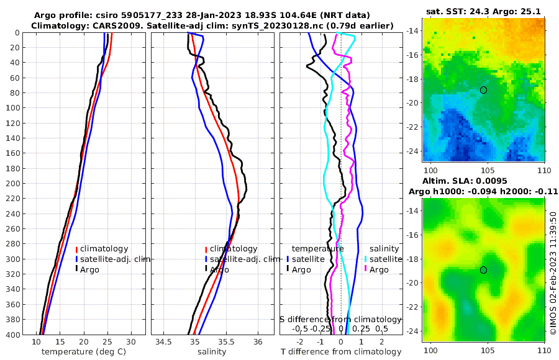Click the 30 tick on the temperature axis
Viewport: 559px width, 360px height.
click(x=130, y=342)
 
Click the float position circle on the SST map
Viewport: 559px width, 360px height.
click(x=483, y=90)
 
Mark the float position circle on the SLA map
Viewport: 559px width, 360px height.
click(x=483, y=270)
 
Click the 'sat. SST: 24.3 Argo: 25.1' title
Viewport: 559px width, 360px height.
click(x=483, y=12)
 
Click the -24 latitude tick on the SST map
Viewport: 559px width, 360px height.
click(x=412, y=151)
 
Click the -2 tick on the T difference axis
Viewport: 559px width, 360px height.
click(x=301, y=342)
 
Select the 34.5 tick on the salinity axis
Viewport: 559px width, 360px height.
click(x=163, y=342)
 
